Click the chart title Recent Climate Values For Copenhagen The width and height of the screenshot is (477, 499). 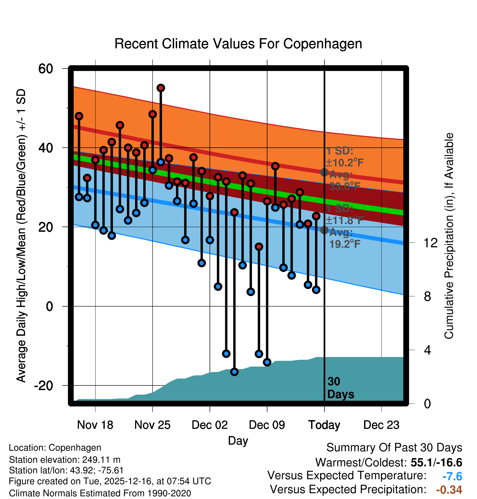coord(238,44)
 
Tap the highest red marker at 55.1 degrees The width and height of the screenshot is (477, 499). coord(161,88)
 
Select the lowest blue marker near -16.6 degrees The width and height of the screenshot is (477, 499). coord(234,372)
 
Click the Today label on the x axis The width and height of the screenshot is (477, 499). coord(324,425)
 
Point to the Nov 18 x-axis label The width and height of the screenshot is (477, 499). coord(95,425)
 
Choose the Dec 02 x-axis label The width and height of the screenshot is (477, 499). coord(210,425)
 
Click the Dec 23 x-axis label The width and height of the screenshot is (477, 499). coord(381,425)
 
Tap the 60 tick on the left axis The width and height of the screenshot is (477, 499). coord(46,69)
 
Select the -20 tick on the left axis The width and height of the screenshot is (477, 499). coord(43,385)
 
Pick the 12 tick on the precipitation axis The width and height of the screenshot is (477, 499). coord(430,243)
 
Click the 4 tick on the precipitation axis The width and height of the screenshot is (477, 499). coord(427,350)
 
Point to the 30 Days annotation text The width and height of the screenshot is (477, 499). coord(340,388)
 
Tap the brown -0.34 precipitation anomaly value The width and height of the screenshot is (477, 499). coord(449,490)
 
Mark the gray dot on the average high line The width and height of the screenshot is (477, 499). coord(324,172)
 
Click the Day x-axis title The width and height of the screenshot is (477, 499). coord(238,441)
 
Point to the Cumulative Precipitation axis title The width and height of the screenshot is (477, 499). coord(449,236)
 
